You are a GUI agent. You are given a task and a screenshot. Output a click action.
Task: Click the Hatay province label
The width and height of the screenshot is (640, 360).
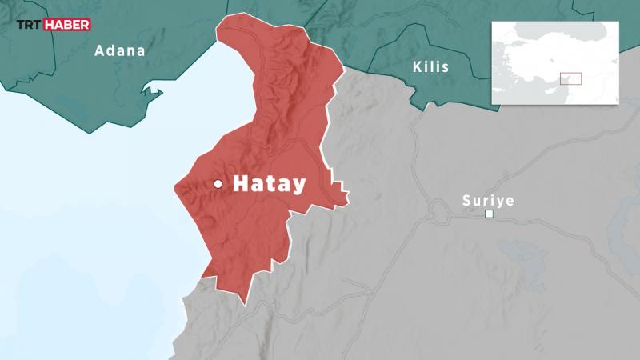pyautogui.click(x=269, y=184)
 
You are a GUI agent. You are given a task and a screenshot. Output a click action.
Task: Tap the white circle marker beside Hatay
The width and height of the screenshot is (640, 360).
pyautogui.click(x=218, y=184)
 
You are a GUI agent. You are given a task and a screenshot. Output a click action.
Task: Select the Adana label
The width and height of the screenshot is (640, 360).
pyautogui.click(x=120, y=50)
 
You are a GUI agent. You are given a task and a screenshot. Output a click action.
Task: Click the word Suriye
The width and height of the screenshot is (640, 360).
pyautogui.click(x=488, y=200)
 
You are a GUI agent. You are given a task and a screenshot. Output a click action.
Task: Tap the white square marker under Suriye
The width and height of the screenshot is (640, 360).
pyautogui.click(x=489, y=214)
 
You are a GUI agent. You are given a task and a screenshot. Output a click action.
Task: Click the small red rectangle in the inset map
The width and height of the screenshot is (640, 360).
pyautogui.click(x=570, y=78)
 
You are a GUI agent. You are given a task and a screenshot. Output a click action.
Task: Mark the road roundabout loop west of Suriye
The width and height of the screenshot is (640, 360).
pyautogui.click(x=438, y=213)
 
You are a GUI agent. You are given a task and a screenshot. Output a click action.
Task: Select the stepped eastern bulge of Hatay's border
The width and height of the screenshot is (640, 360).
pyautogui.click(x=340, y=192)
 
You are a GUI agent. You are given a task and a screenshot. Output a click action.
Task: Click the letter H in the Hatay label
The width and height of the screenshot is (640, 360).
pyautogui.click(x=240, y=184)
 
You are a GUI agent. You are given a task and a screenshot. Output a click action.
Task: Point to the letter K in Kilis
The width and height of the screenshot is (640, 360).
pyautogui.click(x=418, y=66)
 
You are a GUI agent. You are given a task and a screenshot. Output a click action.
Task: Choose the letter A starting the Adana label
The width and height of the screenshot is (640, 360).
pyautogui.click(x=100, y=50)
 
